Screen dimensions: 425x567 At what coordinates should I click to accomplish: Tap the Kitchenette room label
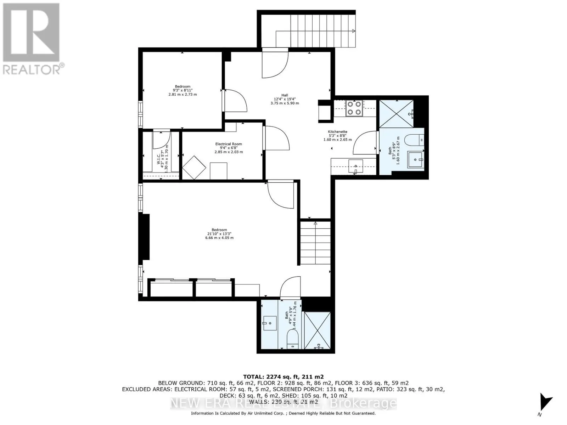337,132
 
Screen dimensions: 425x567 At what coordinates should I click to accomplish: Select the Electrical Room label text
229,144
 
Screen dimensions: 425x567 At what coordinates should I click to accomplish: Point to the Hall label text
285,95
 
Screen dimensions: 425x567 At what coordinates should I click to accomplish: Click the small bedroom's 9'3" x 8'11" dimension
183,90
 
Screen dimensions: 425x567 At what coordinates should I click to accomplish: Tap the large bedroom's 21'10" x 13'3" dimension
219,234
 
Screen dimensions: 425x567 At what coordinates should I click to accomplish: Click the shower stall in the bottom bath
318,330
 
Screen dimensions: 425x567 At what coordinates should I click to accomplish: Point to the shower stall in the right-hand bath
396,113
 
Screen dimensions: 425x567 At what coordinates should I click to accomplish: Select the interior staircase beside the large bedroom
315,243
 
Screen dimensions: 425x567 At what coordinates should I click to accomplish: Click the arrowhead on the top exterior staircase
354,31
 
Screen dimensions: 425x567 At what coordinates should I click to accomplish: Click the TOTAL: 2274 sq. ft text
283,377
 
